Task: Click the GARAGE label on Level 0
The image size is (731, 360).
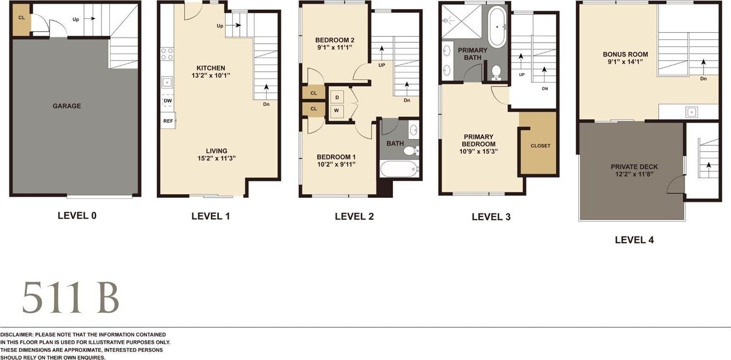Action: (x=66, y=106)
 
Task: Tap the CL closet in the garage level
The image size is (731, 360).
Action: (x=21, y=18)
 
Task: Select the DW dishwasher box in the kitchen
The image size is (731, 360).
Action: (x=168, y=101)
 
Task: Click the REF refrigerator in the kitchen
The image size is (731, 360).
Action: (x=168, y=121)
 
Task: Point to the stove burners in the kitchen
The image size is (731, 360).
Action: (x=167, y=53)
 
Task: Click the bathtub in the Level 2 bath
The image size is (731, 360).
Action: (x=399, y=169)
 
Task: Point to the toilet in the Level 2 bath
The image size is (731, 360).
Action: (x=410, y=151)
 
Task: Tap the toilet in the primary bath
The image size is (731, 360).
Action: (x=496, y=72)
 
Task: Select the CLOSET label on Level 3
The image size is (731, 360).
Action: (x=540, y=146)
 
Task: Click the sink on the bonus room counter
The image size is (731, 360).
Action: (x=691, y=112)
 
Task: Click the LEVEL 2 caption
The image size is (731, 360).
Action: (x=354, y=217)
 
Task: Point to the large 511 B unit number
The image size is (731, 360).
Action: (x=70, y=298)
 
